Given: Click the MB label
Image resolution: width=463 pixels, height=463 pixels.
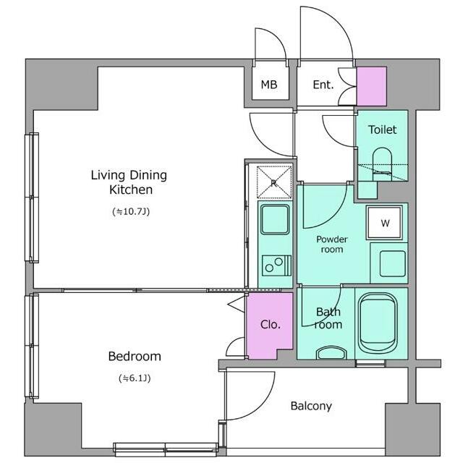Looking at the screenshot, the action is (x=269, y=85).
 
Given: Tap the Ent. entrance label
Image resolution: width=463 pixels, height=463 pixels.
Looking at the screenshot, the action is (x=323, y=85).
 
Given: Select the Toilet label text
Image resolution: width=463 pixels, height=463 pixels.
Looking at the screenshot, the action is (x=382, y=129).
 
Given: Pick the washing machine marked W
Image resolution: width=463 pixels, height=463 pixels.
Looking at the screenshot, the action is (x=384, y=222).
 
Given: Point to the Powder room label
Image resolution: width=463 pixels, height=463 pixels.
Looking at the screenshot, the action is (x=332, y=245).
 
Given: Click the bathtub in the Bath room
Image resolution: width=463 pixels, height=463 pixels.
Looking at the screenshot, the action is (x=378, y=322).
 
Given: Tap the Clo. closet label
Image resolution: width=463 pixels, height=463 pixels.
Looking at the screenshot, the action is (x=270, y=325).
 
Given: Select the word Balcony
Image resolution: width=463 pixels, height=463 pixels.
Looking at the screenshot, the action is (x=311, y=406).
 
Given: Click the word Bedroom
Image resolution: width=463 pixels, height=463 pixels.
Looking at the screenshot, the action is (x=135, y=357).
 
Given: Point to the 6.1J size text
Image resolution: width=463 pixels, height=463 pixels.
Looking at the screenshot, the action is (x=135, y=378).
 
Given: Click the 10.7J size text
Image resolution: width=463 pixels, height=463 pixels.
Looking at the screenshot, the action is (x=131, y=211).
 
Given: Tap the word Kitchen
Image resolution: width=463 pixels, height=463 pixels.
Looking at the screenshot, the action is (x=131, y=190).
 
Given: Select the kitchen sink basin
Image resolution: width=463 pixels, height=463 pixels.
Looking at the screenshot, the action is (x=275, y=219).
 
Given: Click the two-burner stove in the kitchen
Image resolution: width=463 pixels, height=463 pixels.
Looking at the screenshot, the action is (x=276, y=266).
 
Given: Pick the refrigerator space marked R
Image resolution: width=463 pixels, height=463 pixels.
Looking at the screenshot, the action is (x=274, y=182).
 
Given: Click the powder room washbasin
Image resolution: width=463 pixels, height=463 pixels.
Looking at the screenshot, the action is (x=392, y=263).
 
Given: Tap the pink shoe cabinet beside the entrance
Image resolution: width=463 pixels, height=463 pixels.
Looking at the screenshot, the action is (x=372, y=86).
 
